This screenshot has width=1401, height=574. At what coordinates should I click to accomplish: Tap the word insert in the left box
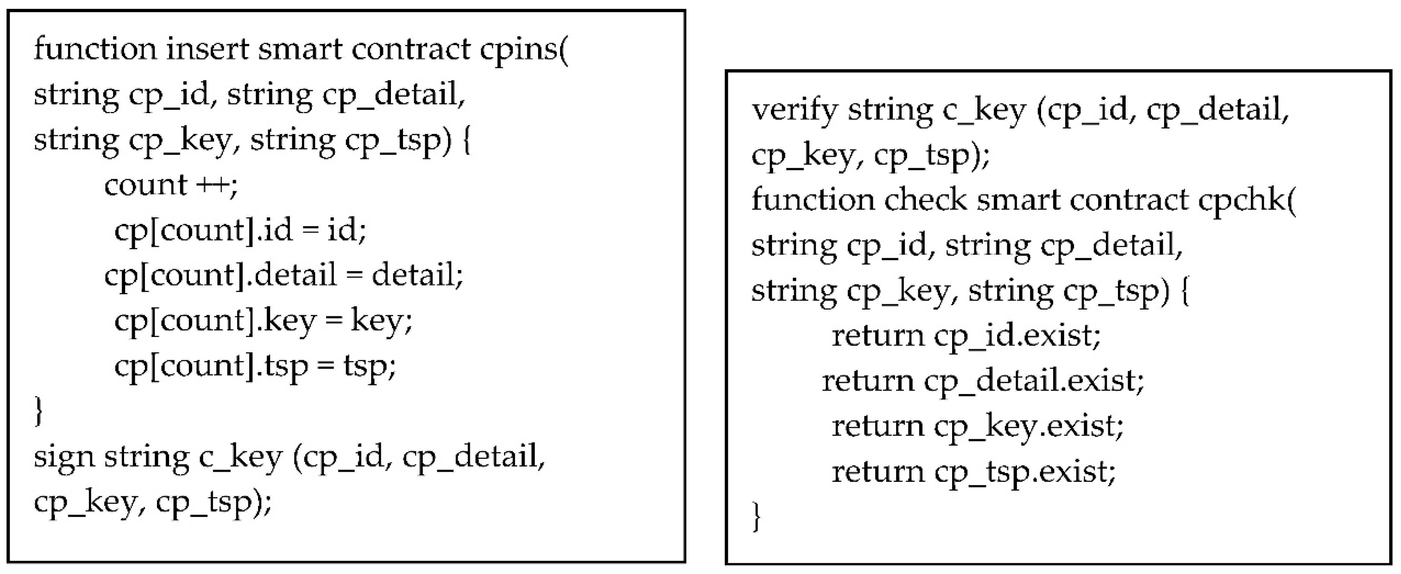point(207,49)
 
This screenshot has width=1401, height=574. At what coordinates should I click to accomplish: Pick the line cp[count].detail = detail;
point(283,275)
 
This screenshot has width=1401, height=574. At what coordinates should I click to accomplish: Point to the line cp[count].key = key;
point(263,321)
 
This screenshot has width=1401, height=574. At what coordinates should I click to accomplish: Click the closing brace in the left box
point(38,411)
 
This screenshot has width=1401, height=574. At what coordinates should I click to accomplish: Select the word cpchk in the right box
point(1246,200)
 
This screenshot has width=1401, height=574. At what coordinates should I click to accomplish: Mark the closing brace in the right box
point(756,517)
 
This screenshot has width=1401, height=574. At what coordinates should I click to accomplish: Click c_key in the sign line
point(241,456)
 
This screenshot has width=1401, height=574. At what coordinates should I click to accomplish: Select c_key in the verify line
point(983,110)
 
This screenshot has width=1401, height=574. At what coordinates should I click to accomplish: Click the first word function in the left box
point(95,49)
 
